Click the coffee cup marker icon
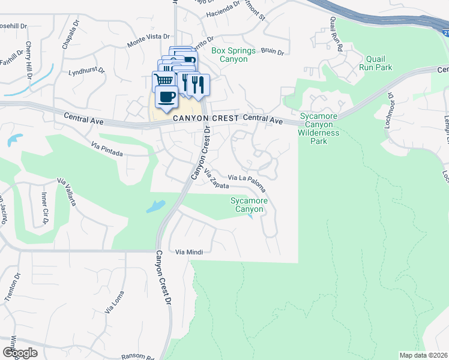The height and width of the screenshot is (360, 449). pos(166,96)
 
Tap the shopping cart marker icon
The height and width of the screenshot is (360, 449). pos(163,80)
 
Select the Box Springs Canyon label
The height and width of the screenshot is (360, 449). pos(234,55)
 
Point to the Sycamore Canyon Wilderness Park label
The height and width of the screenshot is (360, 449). pos(319,128)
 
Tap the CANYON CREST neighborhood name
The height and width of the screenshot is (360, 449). pos(205,119)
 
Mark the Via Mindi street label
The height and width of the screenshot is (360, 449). pos(186,253)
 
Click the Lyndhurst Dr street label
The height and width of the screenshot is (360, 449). pos(87,70)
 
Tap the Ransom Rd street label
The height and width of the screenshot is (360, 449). pos(138,356)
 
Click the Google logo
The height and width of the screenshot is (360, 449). pos(19,353)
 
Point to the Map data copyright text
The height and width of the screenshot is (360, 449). pos(423,355)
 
